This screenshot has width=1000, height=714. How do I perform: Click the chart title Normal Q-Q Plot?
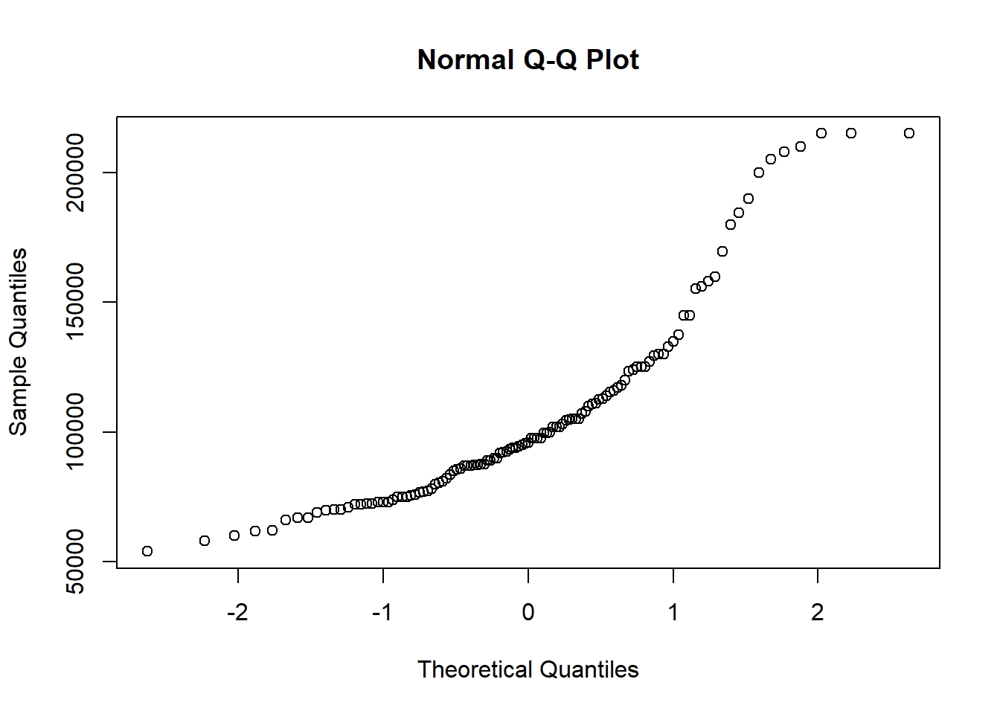(x=528, y=59)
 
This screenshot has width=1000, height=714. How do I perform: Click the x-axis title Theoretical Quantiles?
(x=528, y=669)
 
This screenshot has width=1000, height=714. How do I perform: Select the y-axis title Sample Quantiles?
(x=18, y=341)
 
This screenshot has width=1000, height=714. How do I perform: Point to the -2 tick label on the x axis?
(x=237, y=612)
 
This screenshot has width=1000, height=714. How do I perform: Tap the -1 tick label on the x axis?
(x=382, y=612)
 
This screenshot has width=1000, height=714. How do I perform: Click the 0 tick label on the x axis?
(x=528, y=612)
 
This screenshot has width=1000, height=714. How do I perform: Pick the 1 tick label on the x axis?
(x=673, y=612)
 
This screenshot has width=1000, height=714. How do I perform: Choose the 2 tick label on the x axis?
(x=818, y=612)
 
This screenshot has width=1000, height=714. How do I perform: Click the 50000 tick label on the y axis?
(x=75, y=562)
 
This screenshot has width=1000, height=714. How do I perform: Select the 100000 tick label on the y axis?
(x=75, y=432)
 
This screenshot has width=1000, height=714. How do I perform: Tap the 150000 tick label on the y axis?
(x=75, y=302)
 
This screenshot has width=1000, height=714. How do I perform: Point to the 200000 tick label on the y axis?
(x=75, y=173)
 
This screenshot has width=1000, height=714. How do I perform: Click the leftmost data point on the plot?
(x=147, y=551)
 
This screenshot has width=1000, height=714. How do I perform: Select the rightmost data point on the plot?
(x=909, y=133)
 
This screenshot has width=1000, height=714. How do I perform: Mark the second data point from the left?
(x=205, y=541)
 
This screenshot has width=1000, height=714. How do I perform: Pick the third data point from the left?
(x=234, y=535)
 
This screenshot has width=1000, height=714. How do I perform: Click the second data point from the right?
(x=851, y=133)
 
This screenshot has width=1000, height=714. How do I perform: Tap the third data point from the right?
(x=821, y=133)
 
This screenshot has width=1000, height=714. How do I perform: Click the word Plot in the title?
(x=612, y=59)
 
